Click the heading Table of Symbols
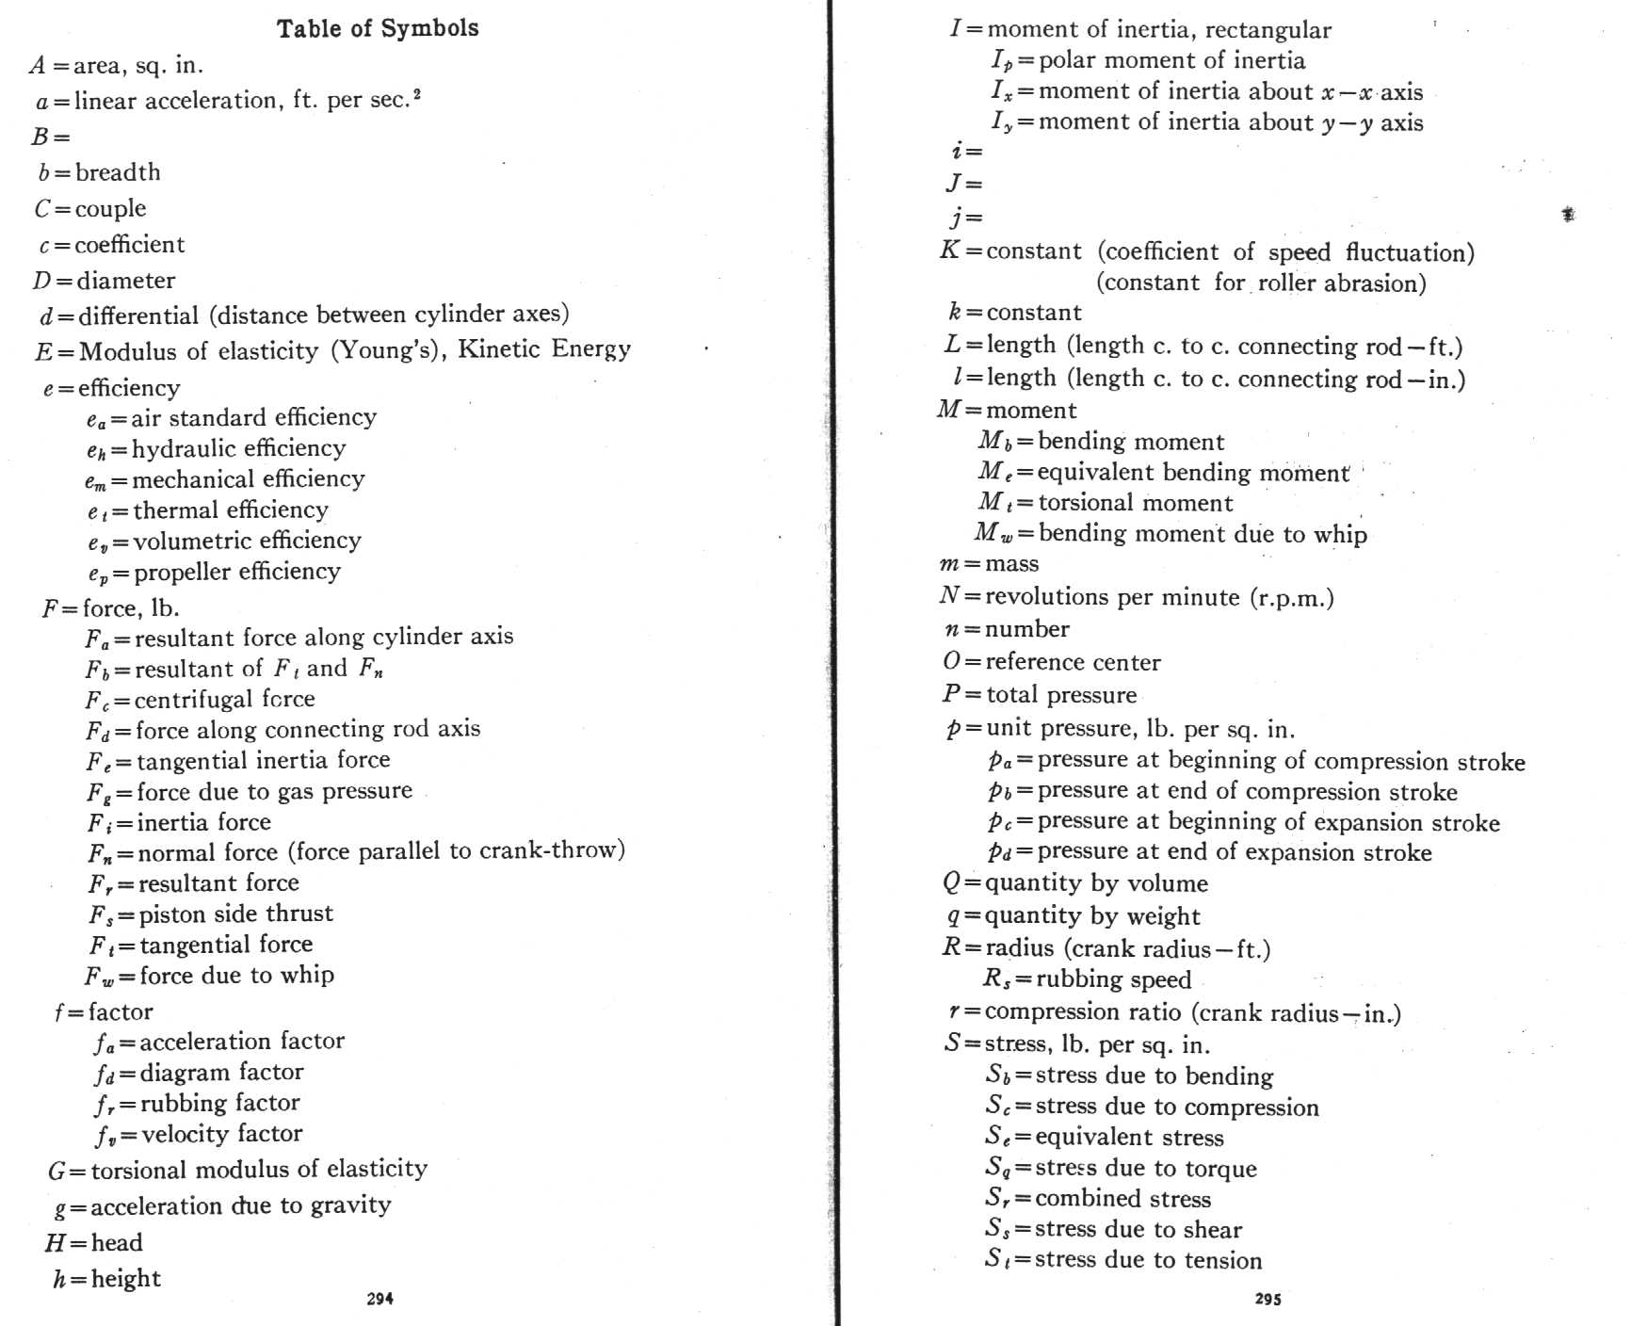pos(378,28)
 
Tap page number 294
pos(379,1299)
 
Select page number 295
pos(1268,1299)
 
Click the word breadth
pos(118,172)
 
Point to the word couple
pos(110,208)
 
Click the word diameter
pos(126,281)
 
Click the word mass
pos(1011,564)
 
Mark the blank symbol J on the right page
pos(954,184)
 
